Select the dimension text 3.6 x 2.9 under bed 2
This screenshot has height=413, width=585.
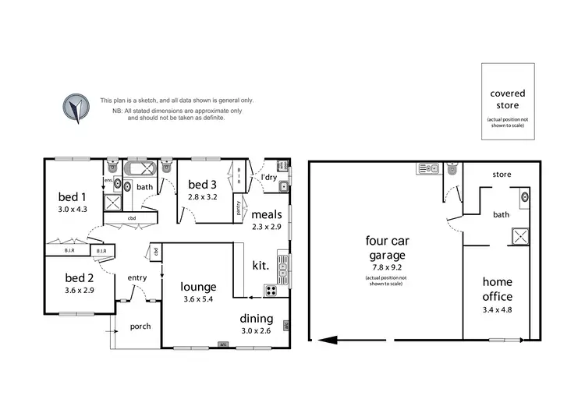79,290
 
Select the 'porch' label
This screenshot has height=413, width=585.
140,326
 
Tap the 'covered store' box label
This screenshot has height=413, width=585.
507,99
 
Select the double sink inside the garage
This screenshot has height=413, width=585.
430,168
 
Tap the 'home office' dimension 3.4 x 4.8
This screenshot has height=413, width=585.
497,311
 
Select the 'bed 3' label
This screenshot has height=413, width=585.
202,185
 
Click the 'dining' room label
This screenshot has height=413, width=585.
256,318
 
